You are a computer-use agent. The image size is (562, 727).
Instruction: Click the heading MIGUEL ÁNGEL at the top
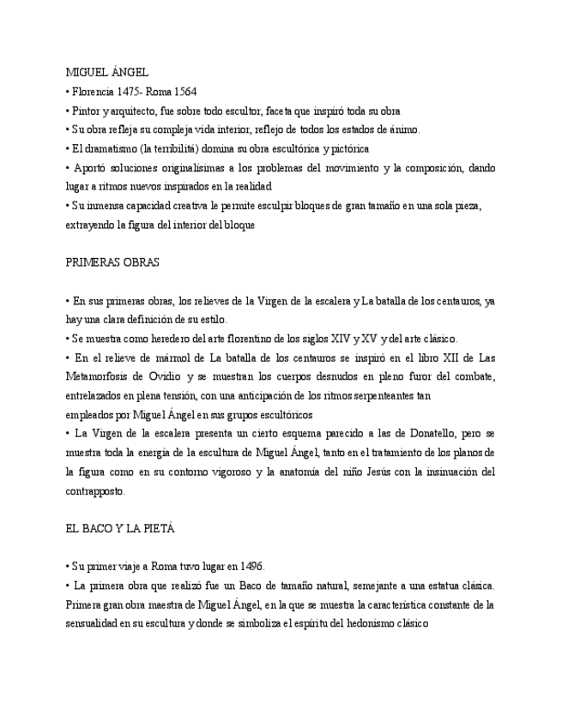click(x=106, y=73)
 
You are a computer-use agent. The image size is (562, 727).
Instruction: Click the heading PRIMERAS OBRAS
click(x=112, y=262)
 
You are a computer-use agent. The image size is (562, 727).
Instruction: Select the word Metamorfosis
click(x=100, y=376)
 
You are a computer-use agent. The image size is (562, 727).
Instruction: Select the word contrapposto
click(x=95, y=491)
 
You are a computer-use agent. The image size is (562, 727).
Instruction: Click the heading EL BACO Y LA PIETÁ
click(x=119, y=529)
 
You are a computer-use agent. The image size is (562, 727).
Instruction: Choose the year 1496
click(x=249, y=567)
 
